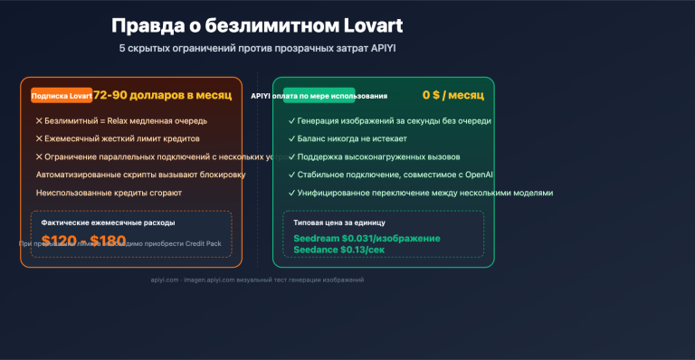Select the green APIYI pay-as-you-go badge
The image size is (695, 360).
[306, 95]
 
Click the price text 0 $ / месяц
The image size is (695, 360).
[452, 95]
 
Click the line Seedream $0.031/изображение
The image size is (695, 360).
[367, 238]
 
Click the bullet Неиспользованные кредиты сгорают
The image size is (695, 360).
[109, 193]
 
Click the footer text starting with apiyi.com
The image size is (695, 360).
[257, 280]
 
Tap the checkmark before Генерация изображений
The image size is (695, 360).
[290, 120]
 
